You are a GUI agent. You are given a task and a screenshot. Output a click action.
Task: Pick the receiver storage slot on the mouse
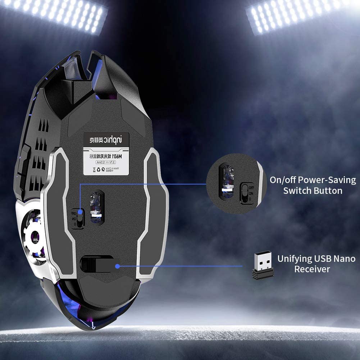pos(96,264)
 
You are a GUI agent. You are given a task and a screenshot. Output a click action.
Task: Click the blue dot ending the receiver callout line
pos(117,266)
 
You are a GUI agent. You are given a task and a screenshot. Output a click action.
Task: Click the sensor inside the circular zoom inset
pos(226,182)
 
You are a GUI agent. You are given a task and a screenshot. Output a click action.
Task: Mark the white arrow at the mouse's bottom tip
pos(94,326)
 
